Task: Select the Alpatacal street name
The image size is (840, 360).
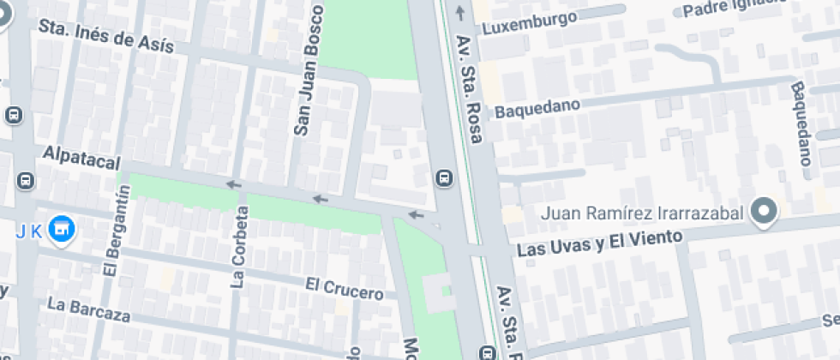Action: tap(81, 157)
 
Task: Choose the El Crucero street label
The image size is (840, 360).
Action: tap(344, 288)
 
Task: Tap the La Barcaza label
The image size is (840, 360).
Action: tap(88, 309)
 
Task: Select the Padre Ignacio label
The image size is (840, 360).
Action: tap(733, 9)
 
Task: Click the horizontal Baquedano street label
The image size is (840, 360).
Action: tap(537, 109)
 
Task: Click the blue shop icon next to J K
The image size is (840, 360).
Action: tap(61, 230)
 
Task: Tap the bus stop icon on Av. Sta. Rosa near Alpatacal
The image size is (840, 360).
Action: tap(443, 177)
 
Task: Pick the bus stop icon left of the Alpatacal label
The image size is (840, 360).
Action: tap(27, 181)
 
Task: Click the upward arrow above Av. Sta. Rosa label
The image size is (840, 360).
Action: tap(461, 12)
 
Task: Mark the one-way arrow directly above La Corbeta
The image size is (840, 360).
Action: tap(232, 184)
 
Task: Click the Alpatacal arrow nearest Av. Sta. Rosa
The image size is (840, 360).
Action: tap(416, 214)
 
